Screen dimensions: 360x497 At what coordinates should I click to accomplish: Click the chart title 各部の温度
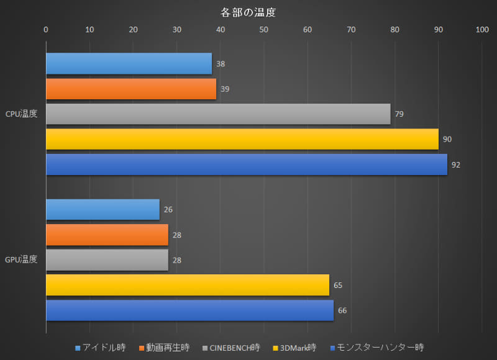coord(248,12)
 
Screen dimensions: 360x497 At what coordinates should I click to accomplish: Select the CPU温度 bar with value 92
coord(247,164)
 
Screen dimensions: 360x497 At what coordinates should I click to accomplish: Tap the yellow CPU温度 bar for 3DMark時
coord(242,139)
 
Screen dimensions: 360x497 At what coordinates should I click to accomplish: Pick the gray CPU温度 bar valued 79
coord(218,114)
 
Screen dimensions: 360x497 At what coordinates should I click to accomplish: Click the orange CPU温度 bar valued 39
coord(131,89)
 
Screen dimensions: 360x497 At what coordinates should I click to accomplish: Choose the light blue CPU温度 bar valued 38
coord(129,63)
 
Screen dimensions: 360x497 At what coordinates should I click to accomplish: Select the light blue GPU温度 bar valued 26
coord(103,210)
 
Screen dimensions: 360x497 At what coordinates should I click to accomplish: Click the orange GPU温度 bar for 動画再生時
coord(107,235)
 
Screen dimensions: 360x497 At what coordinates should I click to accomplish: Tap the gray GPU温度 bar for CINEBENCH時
coord(107,260)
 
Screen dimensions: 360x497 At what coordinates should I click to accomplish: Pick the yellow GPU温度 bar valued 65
coord(188,285)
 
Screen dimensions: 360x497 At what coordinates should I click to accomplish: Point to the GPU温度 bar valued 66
coord(189,310)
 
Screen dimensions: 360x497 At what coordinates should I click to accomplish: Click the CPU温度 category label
coord(21,114)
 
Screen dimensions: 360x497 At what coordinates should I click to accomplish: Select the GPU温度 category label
coord(21,260)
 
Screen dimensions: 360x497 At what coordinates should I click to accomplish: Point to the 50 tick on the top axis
coord(264,29)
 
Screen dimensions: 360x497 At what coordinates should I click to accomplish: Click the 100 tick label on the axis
coord(482,29)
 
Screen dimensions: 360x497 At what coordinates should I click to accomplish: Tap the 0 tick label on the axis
coord(46,29)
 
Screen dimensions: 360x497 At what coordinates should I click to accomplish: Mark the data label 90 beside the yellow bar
coord(447,140)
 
